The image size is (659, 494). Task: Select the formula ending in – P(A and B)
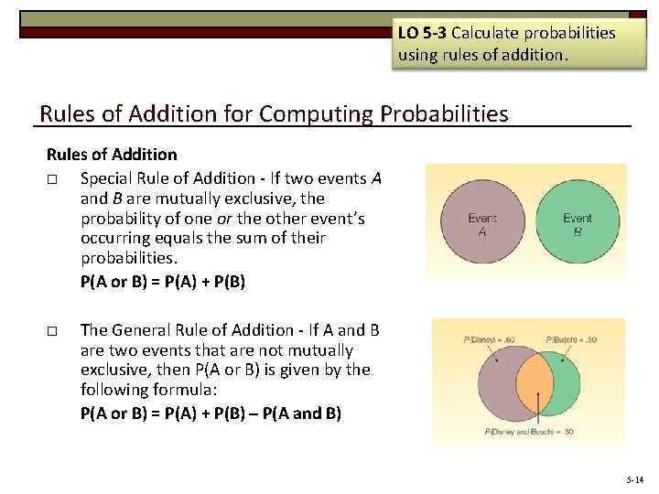coord(211,413)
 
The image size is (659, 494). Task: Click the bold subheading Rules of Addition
coord(112,155)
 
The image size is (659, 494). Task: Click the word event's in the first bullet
coord(333,219)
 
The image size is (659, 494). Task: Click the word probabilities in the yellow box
coord(570,33)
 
